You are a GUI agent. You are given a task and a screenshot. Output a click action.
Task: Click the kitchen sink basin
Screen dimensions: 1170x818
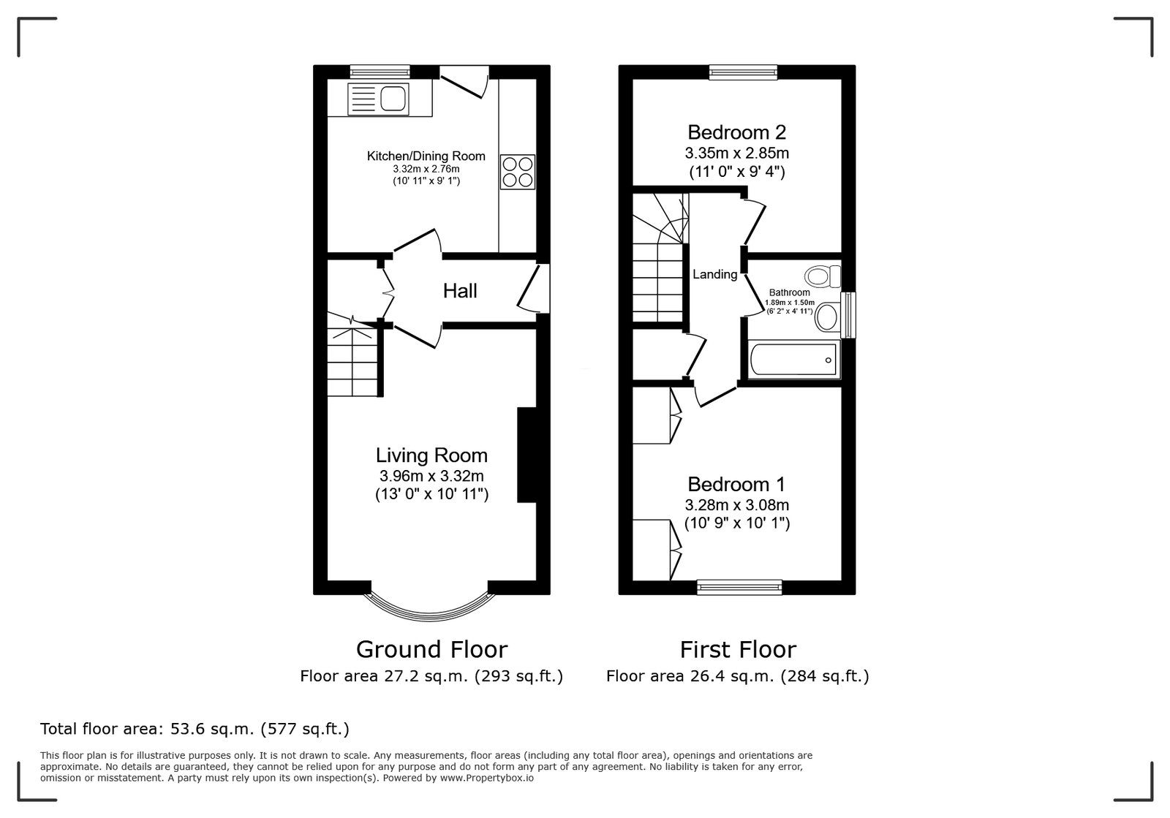point(393,99)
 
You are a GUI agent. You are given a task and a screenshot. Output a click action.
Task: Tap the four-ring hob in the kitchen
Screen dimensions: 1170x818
point(517,172)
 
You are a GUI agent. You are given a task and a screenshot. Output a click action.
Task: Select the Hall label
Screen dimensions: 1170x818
point(460,291)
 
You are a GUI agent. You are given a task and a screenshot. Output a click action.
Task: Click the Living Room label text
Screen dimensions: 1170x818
point(431,455)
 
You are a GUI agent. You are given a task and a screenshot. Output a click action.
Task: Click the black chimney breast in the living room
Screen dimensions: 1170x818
point(527,455)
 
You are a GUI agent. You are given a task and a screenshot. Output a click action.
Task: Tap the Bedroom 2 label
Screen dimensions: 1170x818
point(736,132)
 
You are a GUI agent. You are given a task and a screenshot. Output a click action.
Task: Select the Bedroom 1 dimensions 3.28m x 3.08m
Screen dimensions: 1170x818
point(736,505)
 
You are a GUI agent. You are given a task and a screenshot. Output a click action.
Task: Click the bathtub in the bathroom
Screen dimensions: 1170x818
point(793,359)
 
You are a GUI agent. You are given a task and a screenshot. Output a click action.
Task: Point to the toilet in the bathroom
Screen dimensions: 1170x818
point(823,276)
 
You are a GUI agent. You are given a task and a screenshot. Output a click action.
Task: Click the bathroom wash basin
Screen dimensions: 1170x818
point(827,317)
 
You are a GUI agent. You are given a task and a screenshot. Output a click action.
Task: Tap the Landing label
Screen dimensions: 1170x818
point(714,274)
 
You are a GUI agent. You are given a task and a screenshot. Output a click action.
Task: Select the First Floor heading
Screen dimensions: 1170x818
point(738,650)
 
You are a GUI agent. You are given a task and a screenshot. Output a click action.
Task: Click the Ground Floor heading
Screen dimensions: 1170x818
point(431,650)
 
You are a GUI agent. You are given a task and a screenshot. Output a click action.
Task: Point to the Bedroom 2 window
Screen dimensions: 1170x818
point(743,72)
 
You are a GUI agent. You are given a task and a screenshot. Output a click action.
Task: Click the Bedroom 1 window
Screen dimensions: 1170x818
point(739,587)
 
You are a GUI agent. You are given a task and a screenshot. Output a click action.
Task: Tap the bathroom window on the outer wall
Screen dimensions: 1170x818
point(848,315)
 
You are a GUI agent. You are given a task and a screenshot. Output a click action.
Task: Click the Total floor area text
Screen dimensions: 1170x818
point(195,729)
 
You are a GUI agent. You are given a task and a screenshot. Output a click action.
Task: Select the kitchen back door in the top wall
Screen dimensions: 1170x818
point(464,82)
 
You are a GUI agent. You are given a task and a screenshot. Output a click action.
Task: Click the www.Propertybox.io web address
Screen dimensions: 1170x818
point(486,778)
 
